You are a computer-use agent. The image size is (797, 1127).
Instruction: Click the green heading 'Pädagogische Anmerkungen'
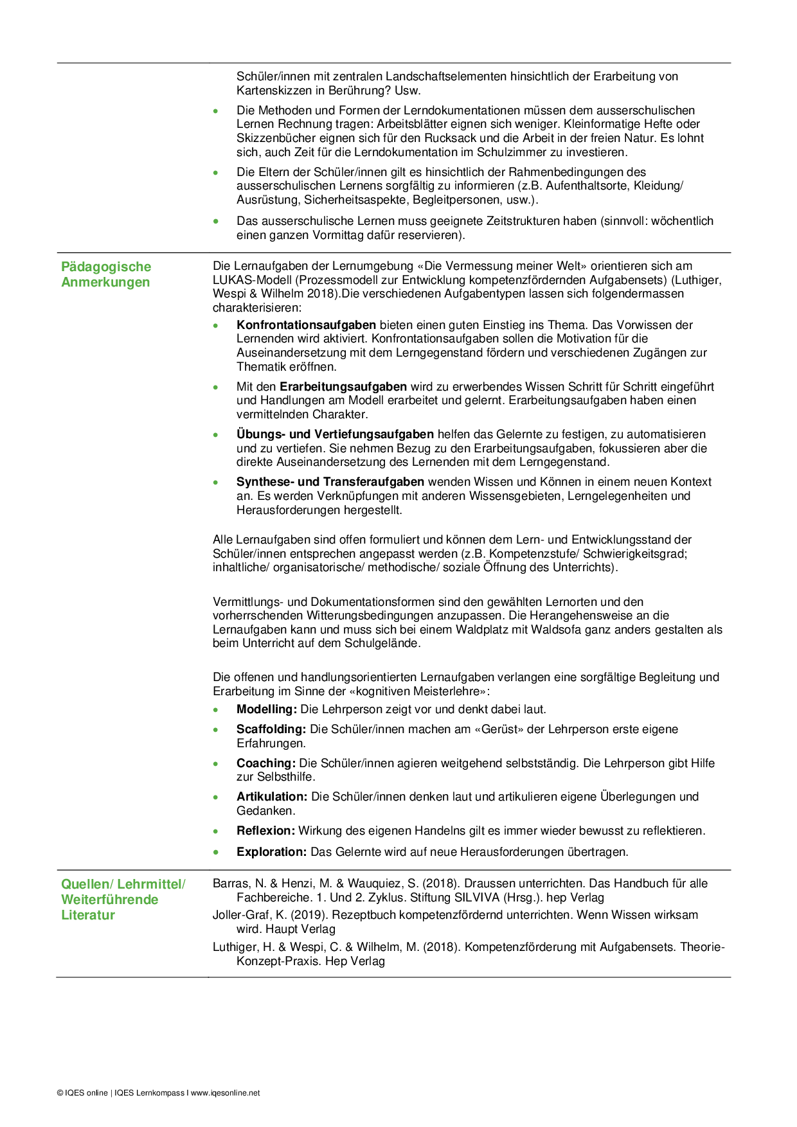106,274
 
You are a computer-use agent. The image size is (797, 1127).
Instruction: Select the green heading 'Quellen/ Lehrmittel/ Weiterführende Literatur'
123,899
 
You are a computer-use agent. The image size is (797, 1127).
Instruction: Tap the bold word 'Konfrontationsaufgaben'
306,325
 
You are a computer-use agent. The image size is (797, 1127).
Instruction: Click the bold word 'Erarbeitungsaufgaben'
343,387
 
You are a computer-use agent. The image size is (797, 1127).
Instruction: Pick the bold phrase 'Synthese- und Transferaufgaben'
330,482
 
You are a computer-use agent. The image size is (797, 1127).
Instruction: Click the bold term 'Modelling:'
266,709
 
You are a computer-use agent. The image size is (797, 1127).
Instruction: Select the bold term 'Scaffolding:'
271,729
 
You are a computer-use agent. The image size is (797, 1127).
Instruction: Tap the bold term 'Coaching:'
266,763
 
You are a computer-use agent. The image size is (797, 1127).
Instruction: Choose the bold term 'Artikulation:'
272,797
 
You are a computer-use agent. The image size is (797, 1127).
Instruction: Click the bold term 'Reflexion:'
265,831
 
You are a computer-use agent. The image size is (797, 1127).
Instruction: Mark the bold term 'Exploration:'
272,852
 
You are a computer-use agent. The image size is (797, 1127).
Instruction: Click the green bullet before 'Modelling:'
216,710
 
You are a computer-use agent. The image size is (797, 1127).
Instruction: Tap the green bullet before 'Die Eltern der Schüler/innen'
216,173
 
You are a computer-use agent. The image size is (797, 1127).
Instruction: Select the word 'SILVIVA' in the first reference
478,898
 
